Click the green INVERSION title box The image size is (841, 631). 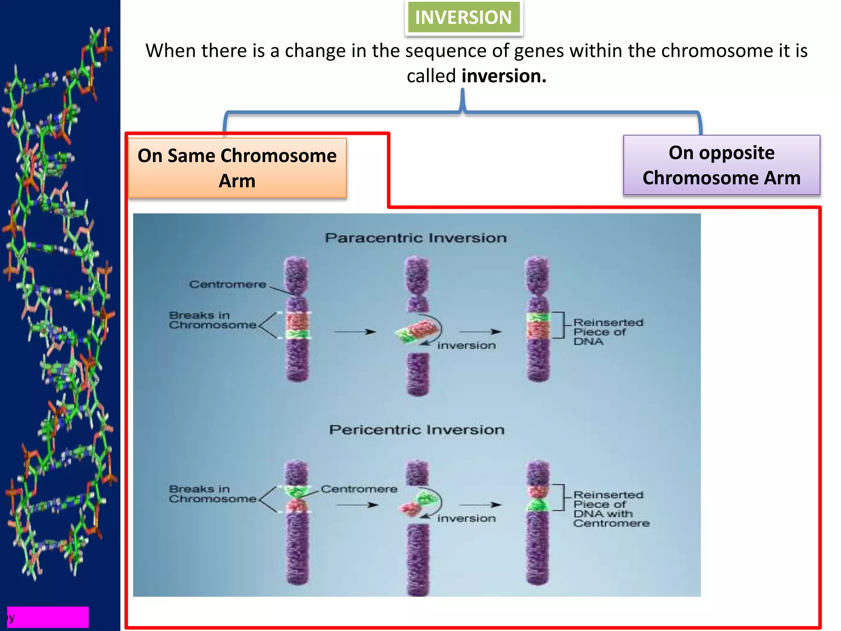click(463, 17)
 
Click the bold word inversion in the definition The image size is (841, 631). click(504, 76)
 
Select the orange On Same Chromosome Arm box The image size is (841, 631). click(237, 168)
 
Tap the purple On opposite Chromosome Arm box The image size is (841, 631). click(721, 165)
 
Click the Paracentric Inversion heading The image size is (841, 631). click(416, 238)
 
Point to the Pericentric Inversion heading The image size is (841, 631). click(416, 430)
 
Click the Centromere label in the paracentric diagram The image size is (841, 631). click(227, 284)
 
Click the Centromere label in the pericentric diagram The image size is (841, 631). click(359, 489)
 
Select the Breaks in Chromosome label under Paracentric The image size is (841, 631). click(212, 320)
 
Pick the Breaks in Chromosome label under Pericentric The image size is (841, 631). click(212, 494)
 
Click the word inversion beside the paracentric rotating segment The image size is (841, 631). click(466, 345)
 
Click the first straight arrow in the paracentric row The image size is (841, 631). click(354, 332)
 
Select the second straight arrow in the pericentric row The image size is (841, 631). click(480, 505)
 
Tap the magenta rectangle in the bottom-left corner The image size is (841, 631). click(48, 617)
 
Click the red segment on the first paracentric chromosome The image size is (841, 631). click(297, 321)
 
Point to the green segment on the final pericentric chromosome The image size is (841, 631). click(538, 505)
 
